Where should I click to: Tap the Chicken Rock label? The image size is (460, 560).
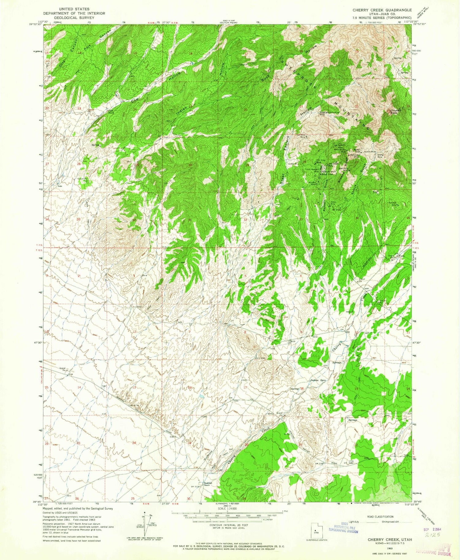(x=393, y=112)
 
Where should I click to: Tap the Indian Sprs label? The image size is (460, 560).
(x=317, y=380)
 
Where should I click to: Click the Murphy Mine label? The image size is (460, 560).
(x=312, y=183)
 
